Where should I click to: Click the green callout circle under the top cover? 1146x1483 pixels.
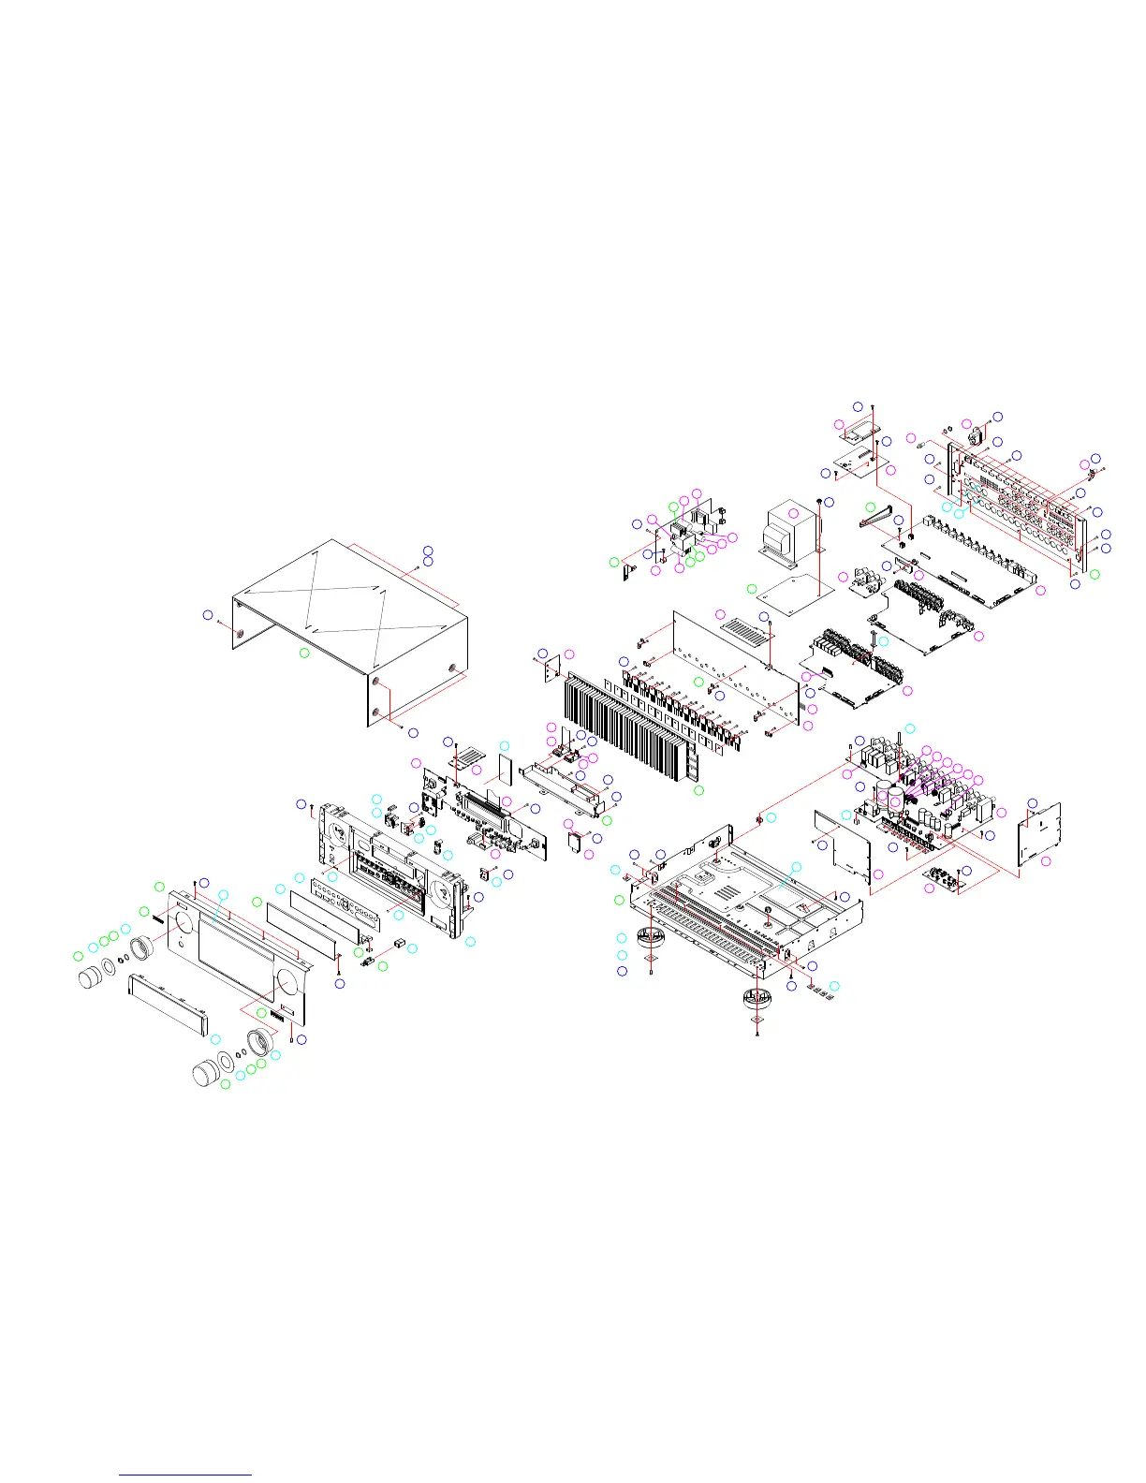304,652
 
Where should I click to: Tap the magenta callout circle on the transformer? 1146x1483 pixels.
794,513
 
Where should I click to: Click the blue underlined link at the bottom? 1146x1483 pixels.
185,1476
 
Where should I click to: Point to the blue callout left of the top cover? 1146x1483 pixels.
208,614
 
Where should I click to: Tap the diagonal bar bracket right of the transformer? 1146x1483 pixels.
877,514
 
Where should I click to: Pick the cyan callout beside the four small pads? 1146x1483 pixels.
835,987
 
